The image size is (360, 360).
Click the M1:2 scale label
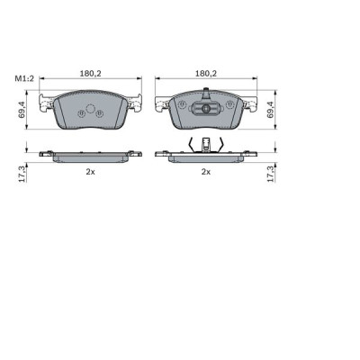click(23, 78)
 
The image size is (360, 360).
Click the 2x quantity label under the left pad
click(90, 171)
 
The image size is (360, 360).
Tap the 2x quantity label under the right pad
click(206, 171)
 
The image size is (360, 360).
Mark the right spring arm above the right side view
click(221, 145)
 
